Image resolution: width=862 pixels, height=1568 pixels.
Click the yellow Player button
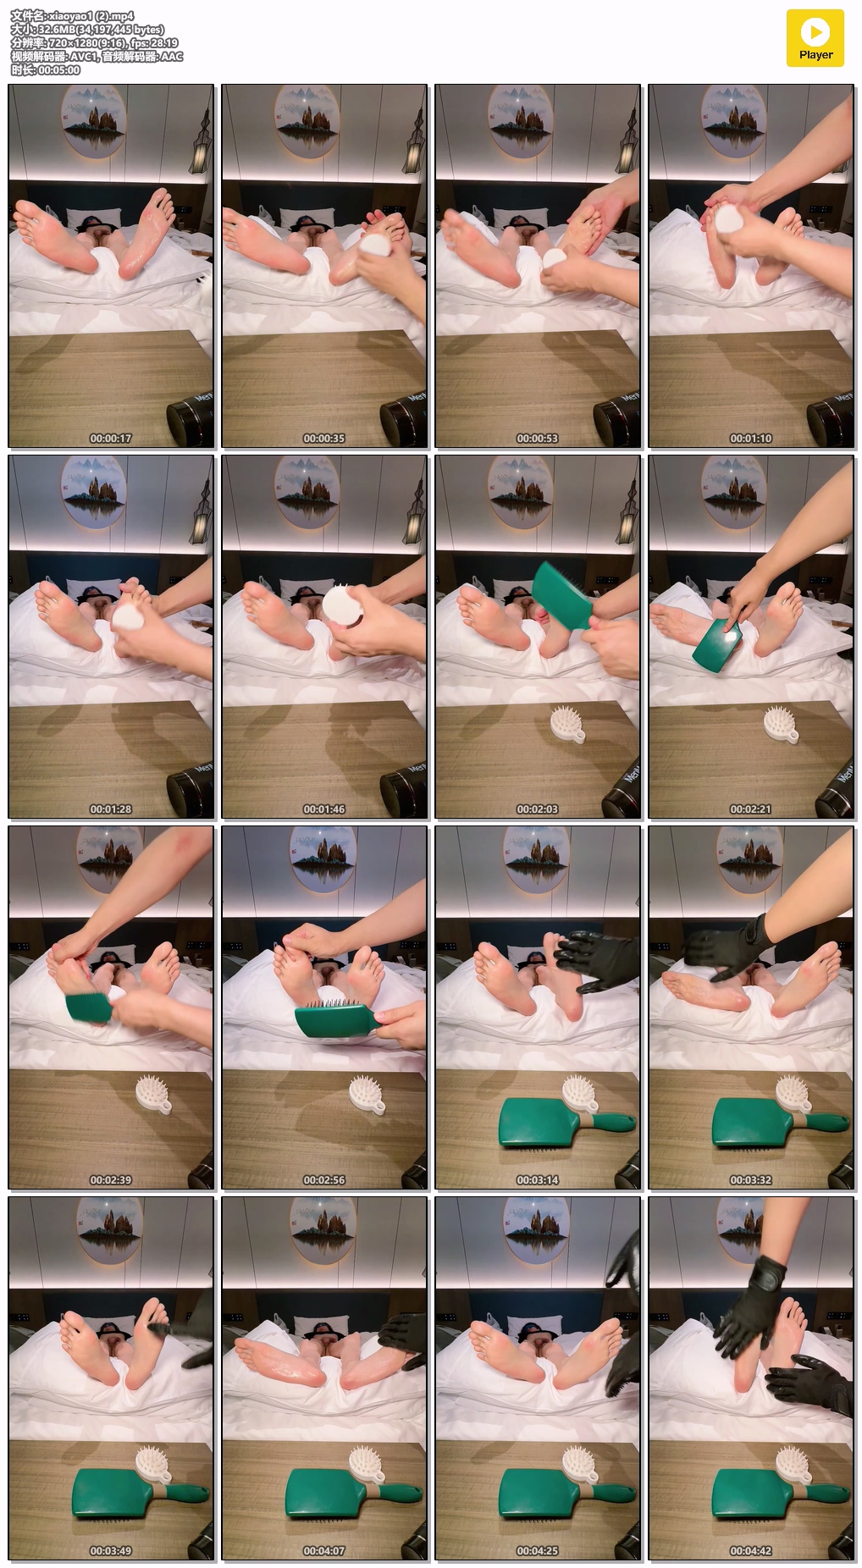click(815, 38)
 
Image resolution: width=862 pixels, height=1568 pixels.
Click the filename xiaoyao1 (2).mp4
click(91, 16)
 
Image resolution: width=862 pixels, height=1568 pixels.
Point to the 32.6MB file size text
click(55, 30)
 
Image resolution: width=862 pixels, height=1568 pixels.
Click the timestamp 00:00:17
click(111, 439)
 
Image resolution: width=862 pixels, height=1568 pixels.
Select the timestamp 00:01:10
click(751, 439)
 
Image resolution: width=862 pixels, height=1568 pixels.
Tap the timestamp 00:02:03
click(538, 809)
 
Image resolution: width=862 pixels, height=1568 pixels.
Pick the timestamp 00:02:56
click(324, 1180)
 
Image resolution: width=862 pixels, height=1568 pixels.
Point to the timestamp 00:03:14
click(538, 1180)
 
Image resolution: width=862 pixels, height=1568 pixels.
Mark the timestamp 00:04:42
click(751, 1551)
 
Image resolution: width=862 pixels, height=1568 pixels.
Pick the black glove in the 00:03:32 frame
click(727, 947)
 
